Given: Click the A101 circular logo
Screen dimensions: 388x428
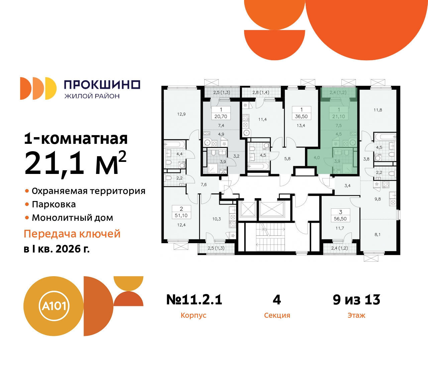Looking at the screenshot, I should point(53,306).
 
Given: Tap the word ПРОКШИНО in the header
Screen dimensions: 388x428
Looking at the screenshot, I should point(102,85).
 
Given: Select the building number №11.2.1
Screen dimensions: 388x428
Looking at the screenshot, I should point(194,300).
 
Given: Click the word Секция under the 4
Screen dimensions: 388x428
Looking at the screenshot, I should point(277,315).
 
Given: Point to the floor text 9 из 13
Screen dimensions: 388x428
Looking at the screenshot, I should point(356,300).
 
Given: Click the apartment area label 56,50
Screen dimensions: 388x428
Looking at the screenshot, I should point(340,219).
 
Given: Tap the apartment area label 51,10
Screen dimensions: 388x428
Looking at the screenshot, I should point(181,216).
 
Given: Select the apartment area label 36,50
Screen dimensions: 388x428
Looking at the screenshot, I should point(301,117).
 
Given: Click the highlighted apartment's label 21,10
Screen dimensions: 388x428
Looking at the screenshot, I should point(338,117).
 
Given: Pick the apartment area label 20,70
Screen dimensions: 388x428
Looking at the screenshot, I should point(221,117).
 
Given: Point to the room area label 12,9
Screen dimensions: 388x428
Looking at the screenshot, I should point(181,114).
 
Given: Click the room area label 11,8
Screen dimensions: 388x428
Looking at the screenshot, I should point(378,110).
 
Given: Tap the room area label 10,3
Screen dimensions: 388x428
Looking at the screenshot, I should point(216,219).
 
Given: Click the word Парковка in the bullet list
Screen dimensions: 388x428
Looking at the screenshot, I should point(54,204).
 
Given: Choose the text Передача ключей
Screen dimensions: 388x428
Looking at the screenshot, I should point(72,234).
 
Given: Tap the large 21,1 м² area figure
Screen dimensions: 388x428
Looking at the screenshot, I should point(75,163).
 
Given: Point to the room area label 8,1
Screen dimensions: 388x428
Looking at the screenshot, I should point(378,235).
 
